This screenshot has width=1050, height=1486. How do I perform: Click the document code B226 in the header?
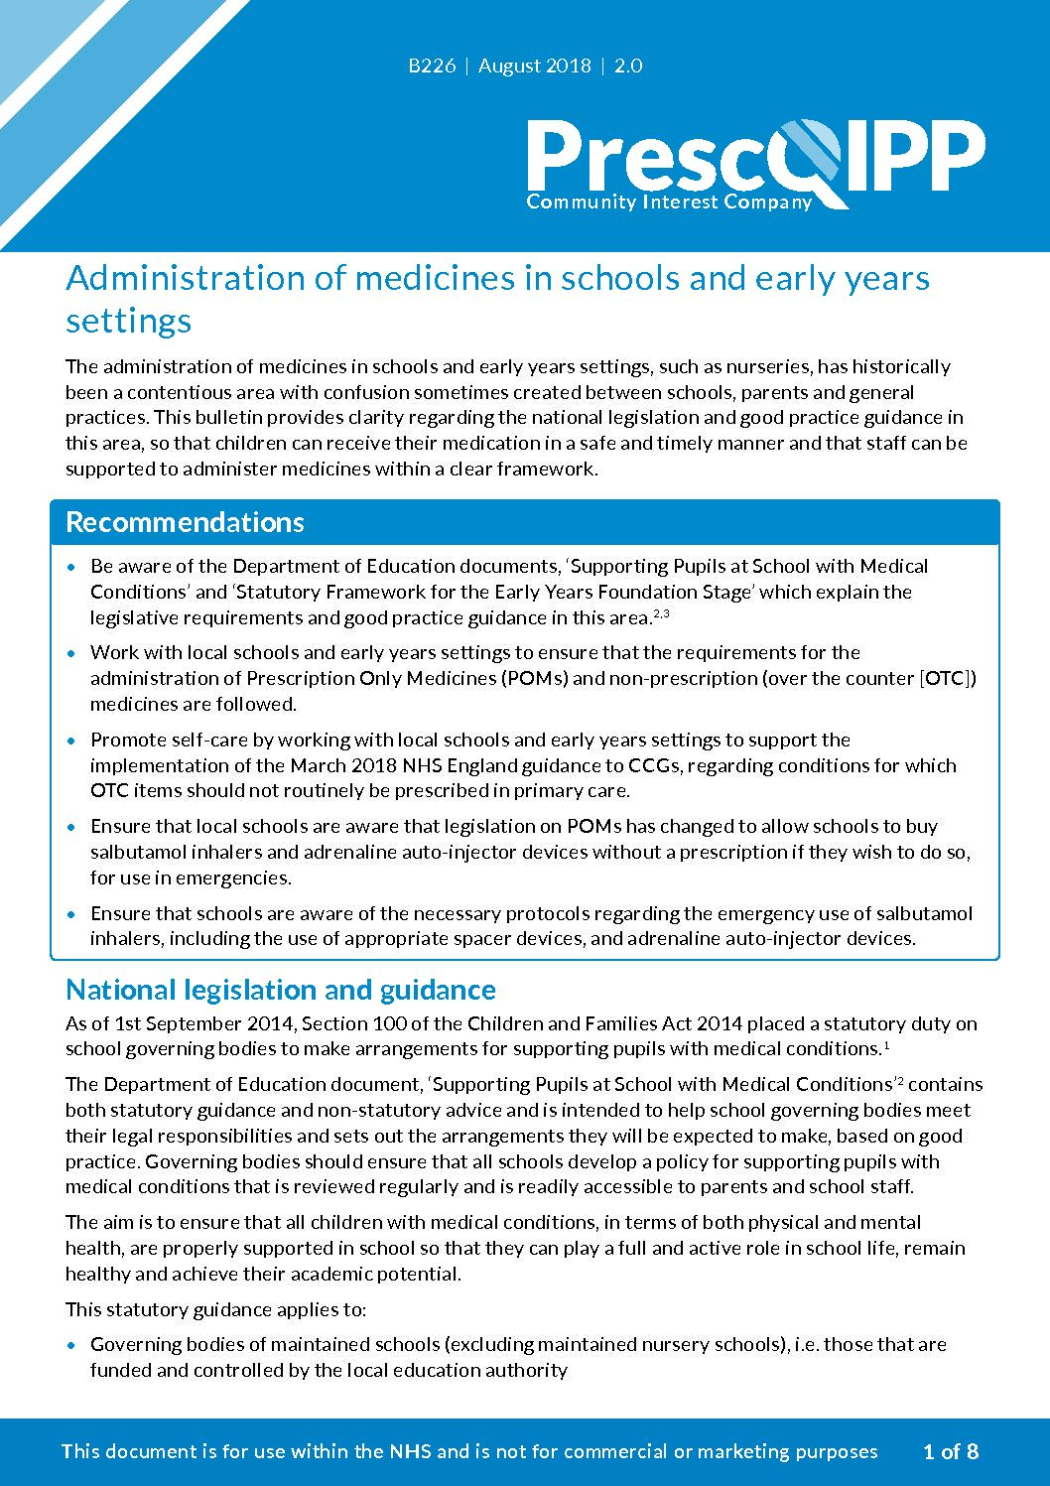[432, 67]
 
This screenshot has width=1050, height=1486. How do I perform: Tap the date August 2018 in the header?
[534, 67]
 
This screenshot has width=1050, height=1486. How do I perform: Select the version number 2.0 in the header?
[628, 67]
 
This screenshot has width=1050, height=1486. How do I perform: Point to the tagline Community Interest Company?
[669, 202]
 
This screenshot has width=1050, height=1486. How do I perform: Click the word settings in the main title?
[129, 321]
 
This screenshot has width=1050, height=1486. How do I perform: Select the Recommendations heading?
[185, 522]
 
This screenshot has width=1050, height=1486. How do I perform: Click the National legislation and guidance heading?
[281, 990]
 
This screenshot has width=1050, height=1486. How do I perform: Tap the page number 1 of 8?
[950, 1451]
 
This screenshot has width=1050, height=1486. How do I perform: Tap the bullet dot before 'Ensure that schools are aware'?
[70, 913]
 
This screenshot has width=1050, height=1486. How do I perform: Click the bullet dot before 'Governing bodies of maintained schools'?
[70, 1345]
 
